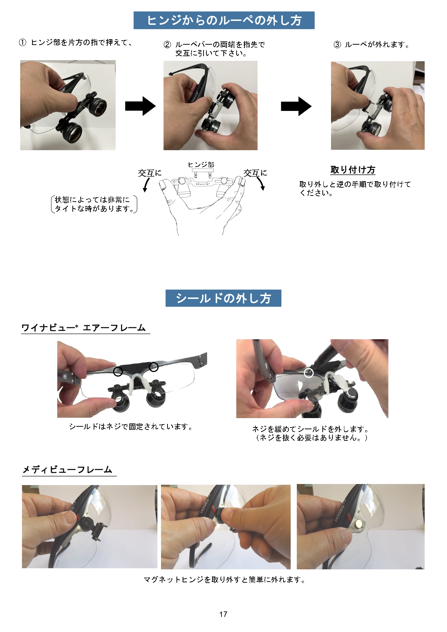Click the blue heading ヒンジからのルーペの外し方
click(224, 20)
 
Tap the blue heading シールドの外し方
click(223, 298)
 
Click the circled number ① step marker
click(23, 42)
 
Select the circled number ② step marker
click(167, 45)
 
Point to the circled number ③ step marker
click(337, 45)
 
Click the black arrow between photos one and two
click(140, 106)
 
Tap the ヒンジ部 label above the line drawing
click(201, 165)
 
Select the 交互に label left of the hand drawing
click(149, 173)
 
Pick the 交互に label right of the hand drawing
click(255, 173)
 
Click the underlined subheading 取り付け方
click(353, 170)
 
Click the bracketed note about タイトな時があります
click(94, 204)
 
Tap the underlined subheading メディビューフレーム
click(68, 470)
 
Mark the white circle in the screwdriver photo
click(309, 373)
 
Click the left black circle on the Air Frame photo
click(118, 372)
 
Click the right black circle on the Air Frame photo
click(154, 367)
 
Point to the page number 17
click(223, 614)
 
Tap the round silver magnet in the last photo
click(360, 524)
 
